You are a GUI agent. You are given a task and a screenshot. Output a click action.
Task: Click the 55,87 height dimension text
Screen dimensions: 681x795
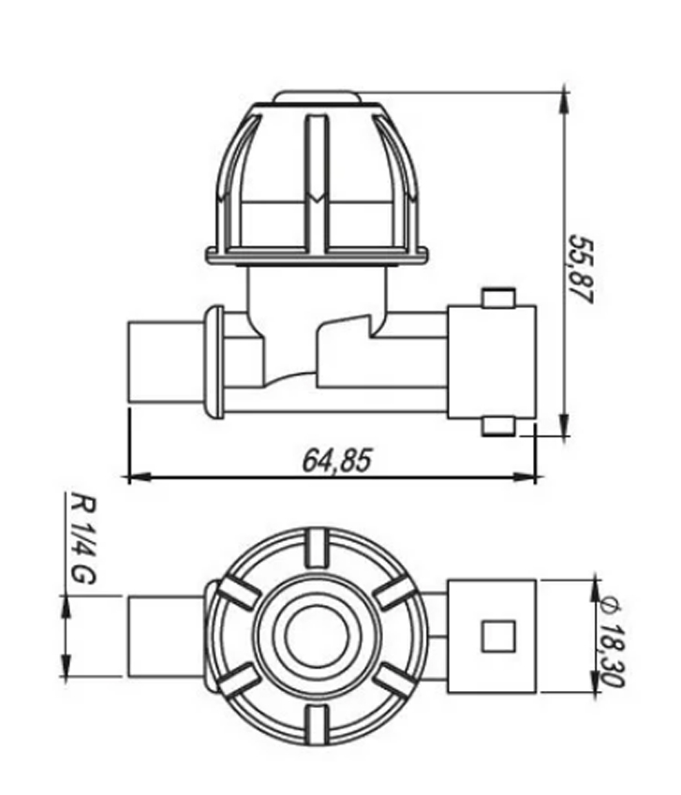click(580, 269)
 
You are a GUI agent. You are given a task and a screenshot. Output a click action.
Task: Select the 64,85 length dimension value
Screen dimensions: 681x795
click(337, 461)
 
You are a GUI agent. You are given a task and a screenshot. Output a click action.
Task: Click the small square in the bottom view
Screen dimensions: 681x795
click(498, 637)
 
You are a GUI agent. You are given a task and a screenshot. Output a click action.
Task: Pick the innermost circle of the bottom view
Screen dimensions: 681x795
click(317, 637)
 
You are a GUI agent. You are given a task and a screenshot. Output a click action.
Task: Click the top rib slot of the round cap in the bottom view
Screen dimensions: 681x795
click(317, 548)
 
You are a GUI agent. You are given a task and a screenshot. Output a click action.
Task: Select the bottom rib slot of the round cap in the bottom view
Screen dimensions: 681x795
click(317, 725)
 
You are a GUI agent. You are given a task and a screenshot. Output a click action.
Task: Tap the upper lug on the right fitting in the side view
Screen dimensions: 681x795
click(498, 298)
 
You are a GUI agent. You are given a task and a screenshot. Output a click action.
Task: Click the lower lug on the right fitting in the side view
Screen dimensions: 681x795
click(498, 426)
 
